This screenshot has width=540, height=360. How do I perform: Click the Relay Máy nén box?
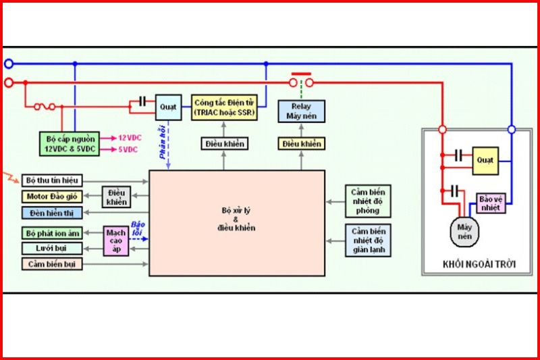pyautogui.click(x=302, y=111)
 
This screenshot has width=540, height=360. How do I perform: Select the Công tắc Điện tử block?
pyautogui.click(x=224, y=107)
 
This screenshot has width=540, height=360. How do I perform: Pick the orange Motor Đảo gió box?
pyautogui.click(x=52, y=197)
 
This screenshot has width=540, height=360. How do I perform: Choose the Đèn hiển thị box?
pyautogui.click(x=52, y=213)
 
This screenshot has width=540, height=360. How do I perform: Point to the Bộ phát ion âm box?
pyautogui.click(x=52, y=233)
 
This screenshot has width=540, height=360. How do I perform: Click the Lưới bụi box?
pyautogui.click(x=52, y=249)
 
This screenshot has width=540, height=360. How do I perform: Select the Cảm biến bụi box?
pyautogui.click(x=52, y=265)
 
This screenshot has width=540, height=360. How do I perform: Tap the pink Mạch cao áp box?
pyautogui.click(x=116, y=241)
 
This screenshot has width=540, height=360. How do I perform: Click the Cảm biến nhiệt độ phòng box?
pyautogui.click(x=367, y=201)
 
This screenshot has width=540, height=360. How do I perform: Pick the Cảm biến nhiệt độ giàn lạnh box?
pyautogui.click(x=367, y=240)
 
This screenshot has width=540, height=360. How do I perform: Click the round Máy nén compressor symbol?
pyautogui.click(x=464, y=231)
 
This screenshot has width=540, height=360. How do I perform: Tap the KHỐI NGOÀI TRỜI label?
pyautogui.click(x=481, y=264)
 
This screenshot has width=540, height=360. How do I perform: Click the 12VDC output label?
pyautogui.click(x=128, y=137)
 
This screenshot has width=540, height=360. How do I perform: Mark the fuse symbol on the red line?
pyautogui.click(x=47, y=106)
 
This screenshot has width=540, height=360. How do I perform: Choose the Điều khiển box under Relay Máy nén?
pyautogui.click(x=301, y=143)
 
